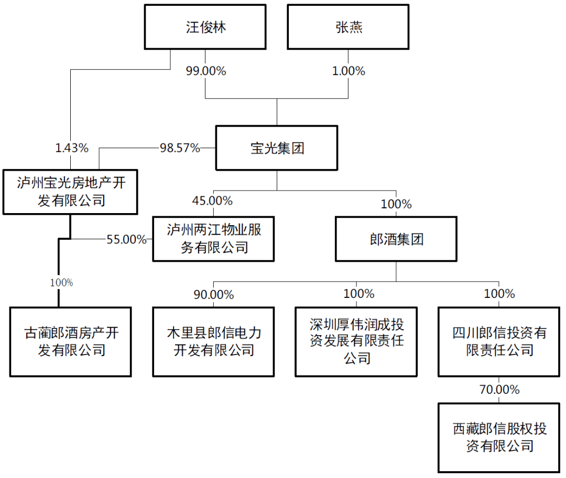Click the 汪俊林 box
click(x=205, y=27)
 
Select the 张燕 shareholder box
click(x=349, y=27)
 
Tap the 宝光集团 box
click(x=277, y=148)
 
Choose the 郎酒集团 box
click(x=396, y=239)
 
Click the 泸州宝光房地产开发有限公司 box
click(x=70, y=192)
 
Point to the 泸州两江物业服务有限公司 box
click(x=213, y=239)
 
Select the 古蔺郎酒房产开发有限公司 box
click(x=70, y=341)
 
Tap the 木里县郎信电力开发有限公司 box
click(x=213, y=341)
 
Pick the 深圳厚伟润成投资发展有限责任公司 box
click(x=356, y=341)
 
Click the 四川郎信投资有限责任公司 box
click(x=499, y=341)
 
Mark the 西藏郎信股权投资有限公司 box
click(x=499, y=437)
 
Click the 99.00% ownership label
click(x=205, y=71)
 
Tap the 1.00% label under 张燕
click(x=349, y=71)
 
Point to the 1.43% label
click(x=71, y=148)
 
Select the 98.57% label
click(x=180, y=148)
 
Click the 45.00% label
click(x=213, y=201)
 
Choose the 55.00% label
click(x=126, y=239)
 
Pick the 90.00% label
click(x=213, y=295)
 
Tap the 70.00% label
click(x=499, y=390)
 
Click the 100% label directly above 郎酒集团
click(x=396, y=204)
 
